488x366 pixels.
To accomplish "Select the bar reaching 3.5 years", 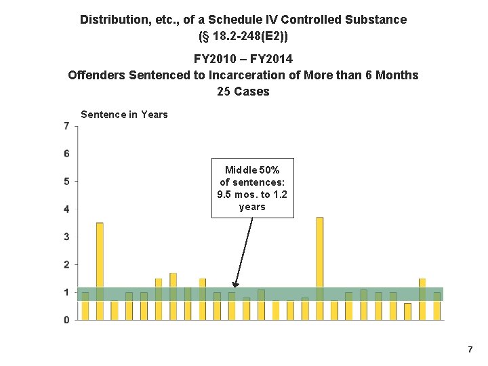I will point(100,270).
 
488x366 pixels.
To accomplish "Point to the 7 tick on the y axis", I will point(66,126).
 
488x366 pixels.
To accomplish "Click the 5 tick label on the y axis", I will point(66,182).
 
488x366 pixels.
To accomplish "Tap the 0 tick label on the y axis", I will point(66,320).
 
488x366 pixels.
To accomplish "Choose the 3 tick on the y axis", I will point(66,237).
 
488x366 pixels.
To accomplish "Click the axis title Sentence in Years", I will point(124,115).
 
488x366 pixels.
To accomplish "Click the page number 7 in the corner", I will point(470,349).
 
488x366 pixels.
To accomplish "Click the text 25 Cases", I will point(243,91).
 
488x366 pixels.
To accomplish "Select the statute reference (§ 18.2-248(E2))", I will point(243,35).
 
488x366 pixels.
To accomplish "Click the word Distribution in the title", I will point(114,20).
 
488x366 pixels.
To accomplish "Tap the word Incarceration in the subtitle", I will point(237,75).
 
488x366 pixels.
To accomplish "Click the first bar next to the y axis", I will point(85,306).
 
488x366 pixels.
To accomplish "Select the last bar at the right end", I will point(437,306).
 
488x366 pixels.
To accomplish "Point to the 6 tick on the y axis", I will point(66,154).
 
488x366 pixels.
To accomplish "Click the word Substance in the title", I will point(380,20).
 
